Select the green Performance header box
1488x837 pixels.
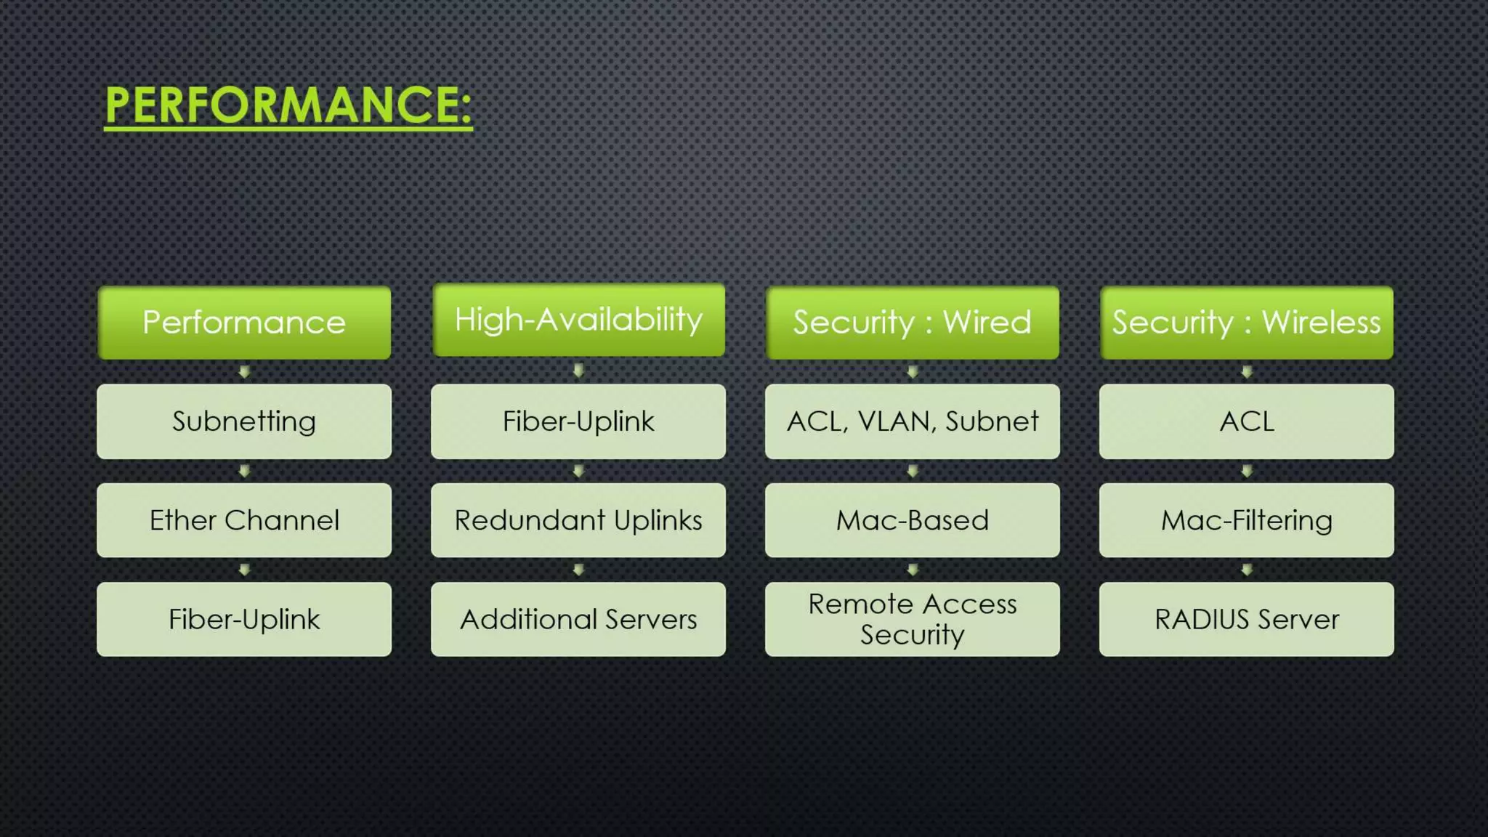pos(244,323)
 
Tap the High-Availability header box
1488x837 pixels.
pos(578,320)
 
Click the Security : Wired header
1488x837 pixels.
pos(912,323)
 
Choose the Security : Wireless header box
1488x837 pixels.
pos(1246,323)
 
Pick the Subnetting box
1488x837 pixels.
pos(244,421)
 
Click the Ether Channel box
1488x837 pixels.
pos(244,520)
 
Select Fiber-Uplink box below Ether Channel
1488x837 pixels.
pos(244,619)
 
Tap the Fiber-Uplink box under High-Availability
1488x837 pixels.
pos(578,421)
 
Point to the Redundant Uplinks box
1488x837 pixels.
pos(578,520)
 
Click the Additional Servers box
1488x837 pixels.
pos(578,619)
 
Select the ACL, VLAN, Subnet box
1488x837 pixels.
pos(912,421)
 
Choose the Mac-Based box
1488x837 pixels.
pos(912,520)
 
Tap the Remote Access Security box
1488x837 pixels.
pos(912,619)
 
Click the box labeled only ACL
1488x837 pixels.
pos(1246,421)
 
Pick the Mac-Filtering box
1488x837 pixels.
pos(1246,520)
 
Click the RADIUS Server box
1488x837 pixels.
pos(1246,619)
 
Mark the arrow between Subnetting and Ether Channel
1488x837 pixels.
pos(244,472)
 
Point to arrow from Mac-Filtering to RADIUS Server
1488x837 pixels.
pos(1247,570)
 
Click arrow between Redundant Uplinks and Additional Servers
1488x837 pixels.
pos(578,570)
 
